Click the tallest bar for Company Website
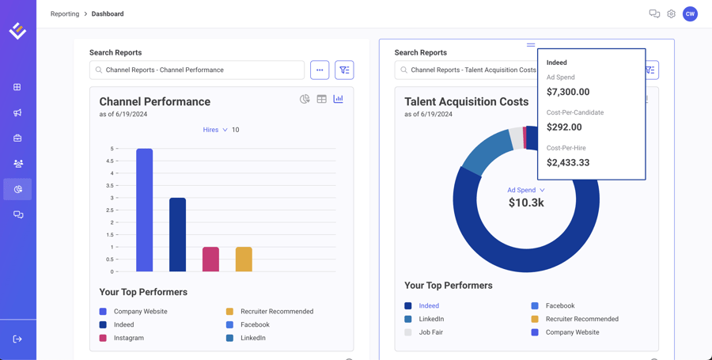tap(144, 210)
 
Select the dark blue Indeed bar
tap(177, 234)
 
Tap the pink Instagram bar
tap(210, 260)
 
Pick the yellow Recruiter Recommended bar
tap(244, 260)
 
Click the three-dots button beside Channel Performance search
tap(320, 70)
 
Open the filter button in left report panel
tap(344, 70)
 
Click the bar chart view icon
tap(338, 99)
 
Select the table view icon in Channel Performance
tap(321, 99)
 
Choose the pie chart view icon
tap(305, 99)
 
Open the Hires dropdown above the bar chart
tap(215, 130)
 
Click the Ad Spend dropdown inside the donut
tap(525, 190)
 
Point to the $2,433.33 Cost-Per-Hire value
tap(568, 162)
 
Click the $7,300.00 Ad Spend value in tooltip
tap(568, 92)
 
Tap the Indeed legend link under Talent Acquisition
tap(429, 305)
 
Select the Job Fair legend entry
tap(430, 332)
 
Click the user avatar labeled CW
tap(690, 14)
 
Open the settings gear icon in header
tap(671, 14)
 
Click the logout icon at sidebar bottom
tap(17, 339)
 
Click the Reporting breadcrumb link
tap(65, 14)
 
